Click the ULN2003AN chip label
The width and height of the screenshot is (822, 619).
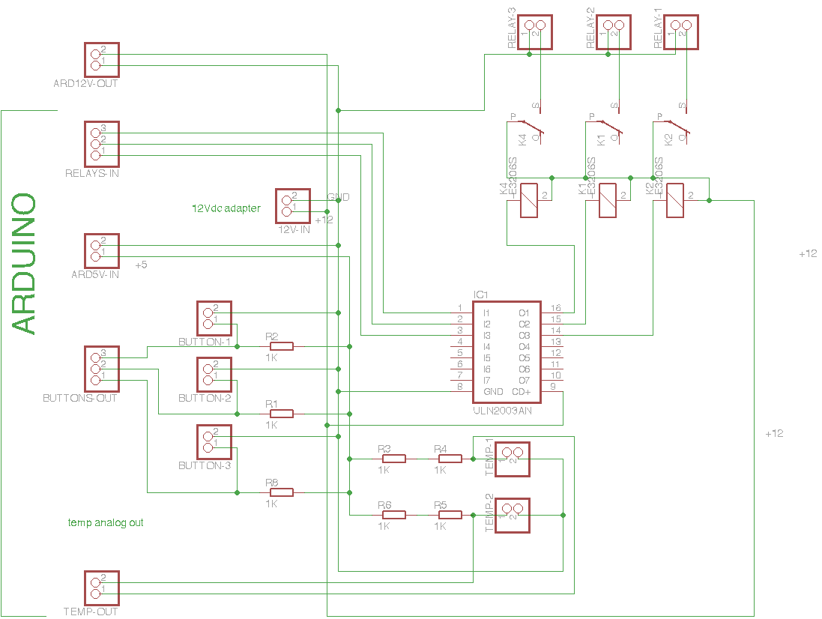click(502, 411)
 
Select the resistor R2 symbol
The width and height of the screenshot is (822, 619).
click(281, 346)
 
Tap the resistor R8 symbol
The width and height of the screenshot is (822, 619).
click(281, 492)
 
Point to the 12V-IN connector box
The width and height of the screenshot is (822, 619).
click(293, 208)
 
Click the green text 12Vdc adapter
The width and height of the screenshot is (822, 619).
click(226, 208)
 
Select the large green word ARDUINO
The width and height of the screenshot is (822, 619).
click(24, 264)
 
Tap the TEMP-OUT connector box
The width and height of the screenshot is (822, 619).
click(101, 588)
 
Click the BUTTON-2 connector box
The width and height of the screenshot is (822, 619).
click(214, 375)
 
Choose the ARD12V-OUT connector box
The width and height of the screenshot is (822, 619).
click(101, 60)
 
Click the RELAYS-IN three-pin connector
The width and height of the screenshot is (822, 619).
click(101, 142)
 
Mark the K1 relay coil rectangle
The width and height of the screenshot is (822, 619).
click(607, 201)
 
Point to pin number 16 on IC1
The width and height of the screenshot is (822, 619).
click(555, 308)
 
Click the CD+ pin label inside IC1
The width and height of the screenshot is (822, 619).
click(521, 392)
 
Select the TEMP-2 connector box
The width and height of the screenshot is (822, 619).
click(512, 516)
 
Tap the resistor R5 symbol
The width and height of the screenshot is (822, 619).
click(450, 515)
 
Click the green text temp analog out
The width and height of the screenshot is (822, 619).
click(106, 522)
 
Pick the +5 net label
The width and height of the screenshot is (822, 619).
click(141, 265)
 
